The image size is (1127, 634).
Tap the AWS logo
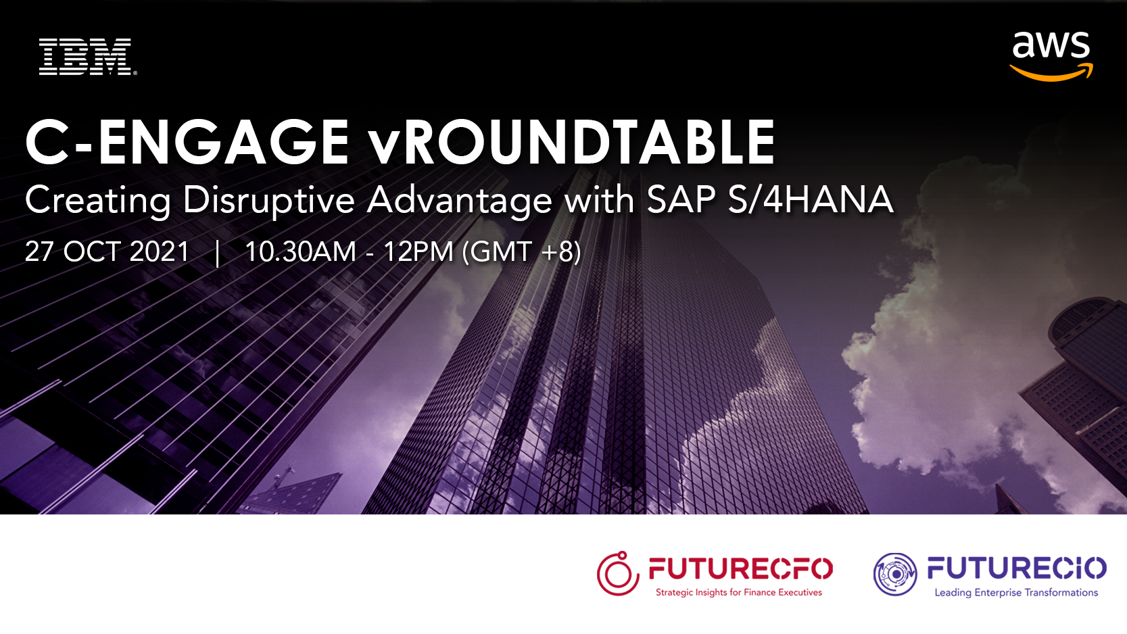[1051, 55]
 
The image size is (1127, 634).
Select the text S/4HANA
[811, 200]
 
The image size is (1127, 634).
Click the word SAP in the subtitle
[681, 200]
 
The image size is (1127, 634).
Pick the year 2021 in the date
[160, 251]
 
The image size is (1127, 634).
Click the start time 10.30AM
[300, 251]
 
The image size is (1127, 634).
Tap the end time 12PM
[418, 251]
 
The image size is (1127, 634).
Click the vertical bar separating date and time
[217, 253]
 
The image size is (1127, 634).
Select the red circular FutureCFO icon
[618, 574]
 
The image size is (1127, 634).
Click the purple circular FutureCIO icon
[896, 574]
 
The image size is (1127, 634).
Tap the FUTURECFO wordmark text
[740, 568]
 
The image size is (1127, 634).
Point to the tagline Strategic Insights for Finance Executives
[738, 593]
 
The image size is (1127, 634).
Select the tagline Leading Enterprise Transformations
[1016, 593]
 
